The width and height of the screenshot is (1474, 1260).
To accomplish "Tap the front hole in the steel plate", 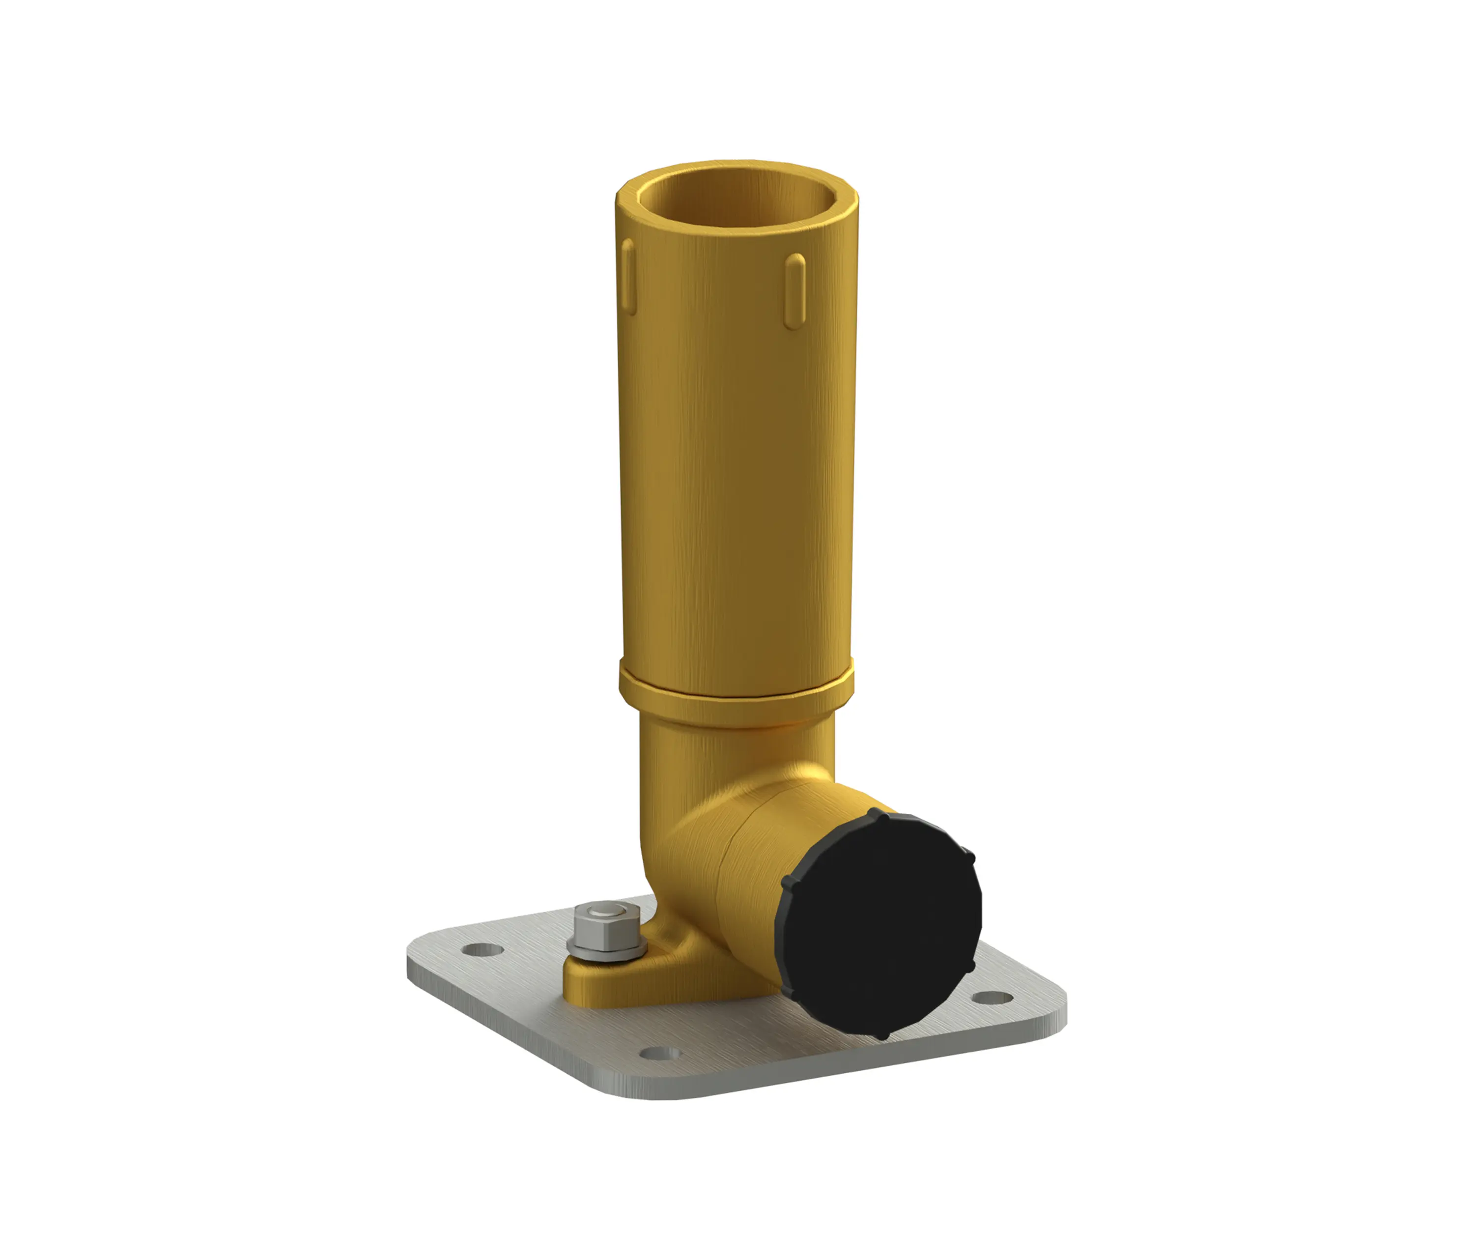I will pyautogui.click(x=661, y=1054).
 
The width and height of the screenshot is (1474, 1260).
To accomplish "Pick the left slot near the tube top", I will pyautogui.click(x=627, y=276).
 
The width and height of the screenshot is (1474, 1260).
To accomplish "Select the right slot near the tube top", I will pyautogui.click(x=795, y=292).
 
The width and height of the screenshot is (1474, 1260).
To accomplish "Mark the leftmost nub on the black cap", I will pyautogui.click(x=787, y=882).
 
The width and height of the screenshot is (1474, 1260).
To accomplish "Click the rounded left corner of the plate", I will pyautogui.click(x=416, y=953).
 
